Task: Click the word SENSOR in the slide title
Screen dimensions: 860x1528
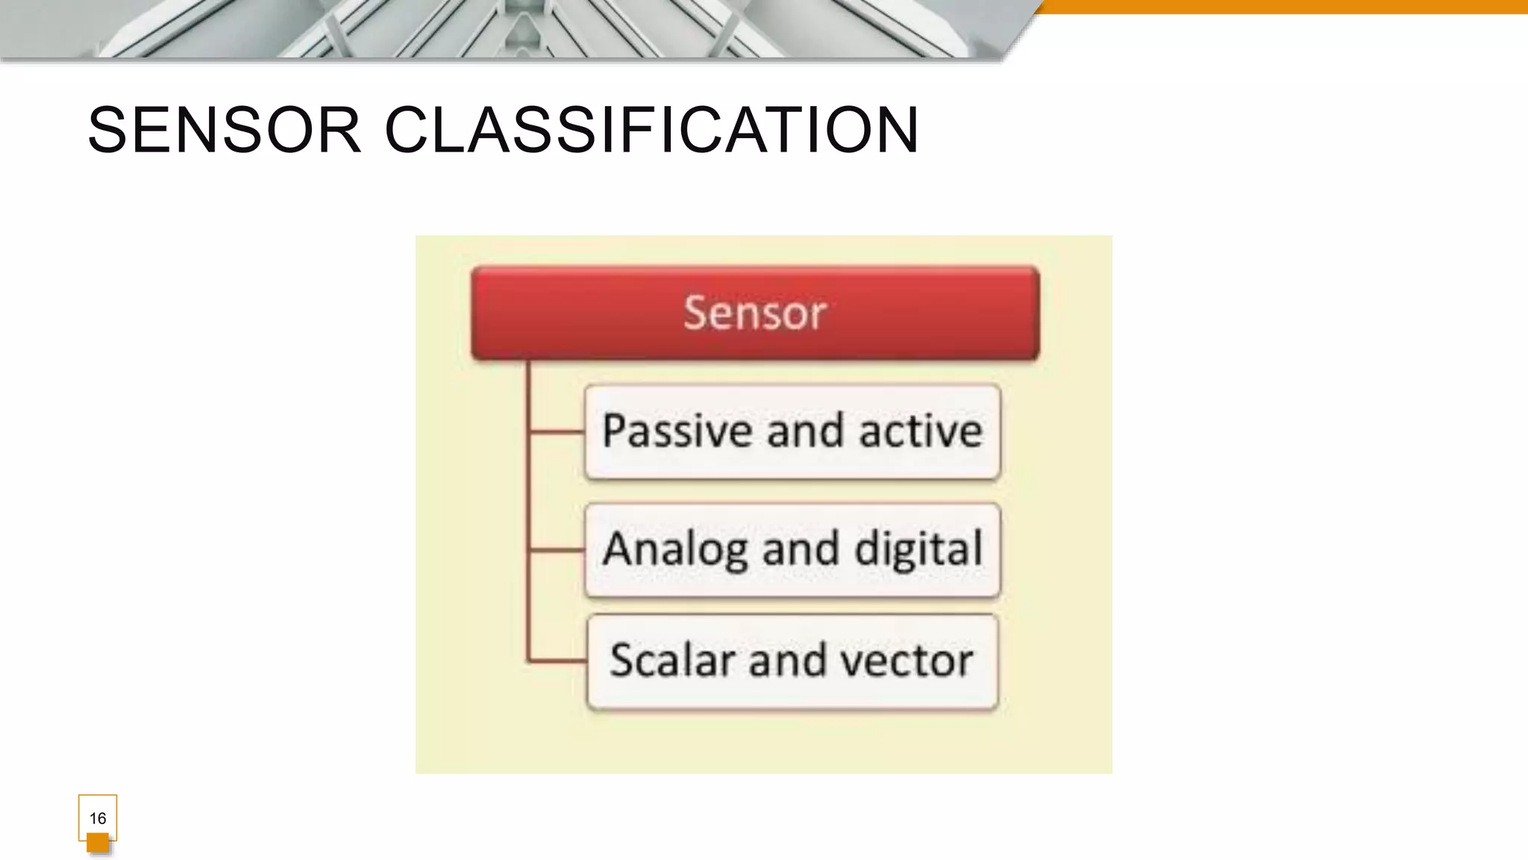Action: click(224, 131)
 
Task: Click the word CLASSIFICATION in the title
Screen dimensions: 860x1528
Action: click(651, 131)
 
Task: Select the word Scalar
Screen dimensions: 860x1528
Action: click(672, 661)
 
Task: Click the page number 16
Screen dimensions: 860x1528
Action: click(98, 818)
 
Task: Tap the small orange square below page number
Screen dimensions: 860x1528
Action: click(98, 844)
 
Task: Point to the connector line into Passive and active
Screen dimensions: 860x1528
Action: click(556, 431)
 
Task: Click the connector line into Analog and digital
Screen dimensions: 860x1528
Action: click(556, 550)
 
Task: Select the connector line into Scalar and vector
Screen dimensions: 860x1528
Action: click(556, 661)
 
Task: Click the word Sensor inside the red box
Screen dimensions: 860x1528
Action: click(755, 313)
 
